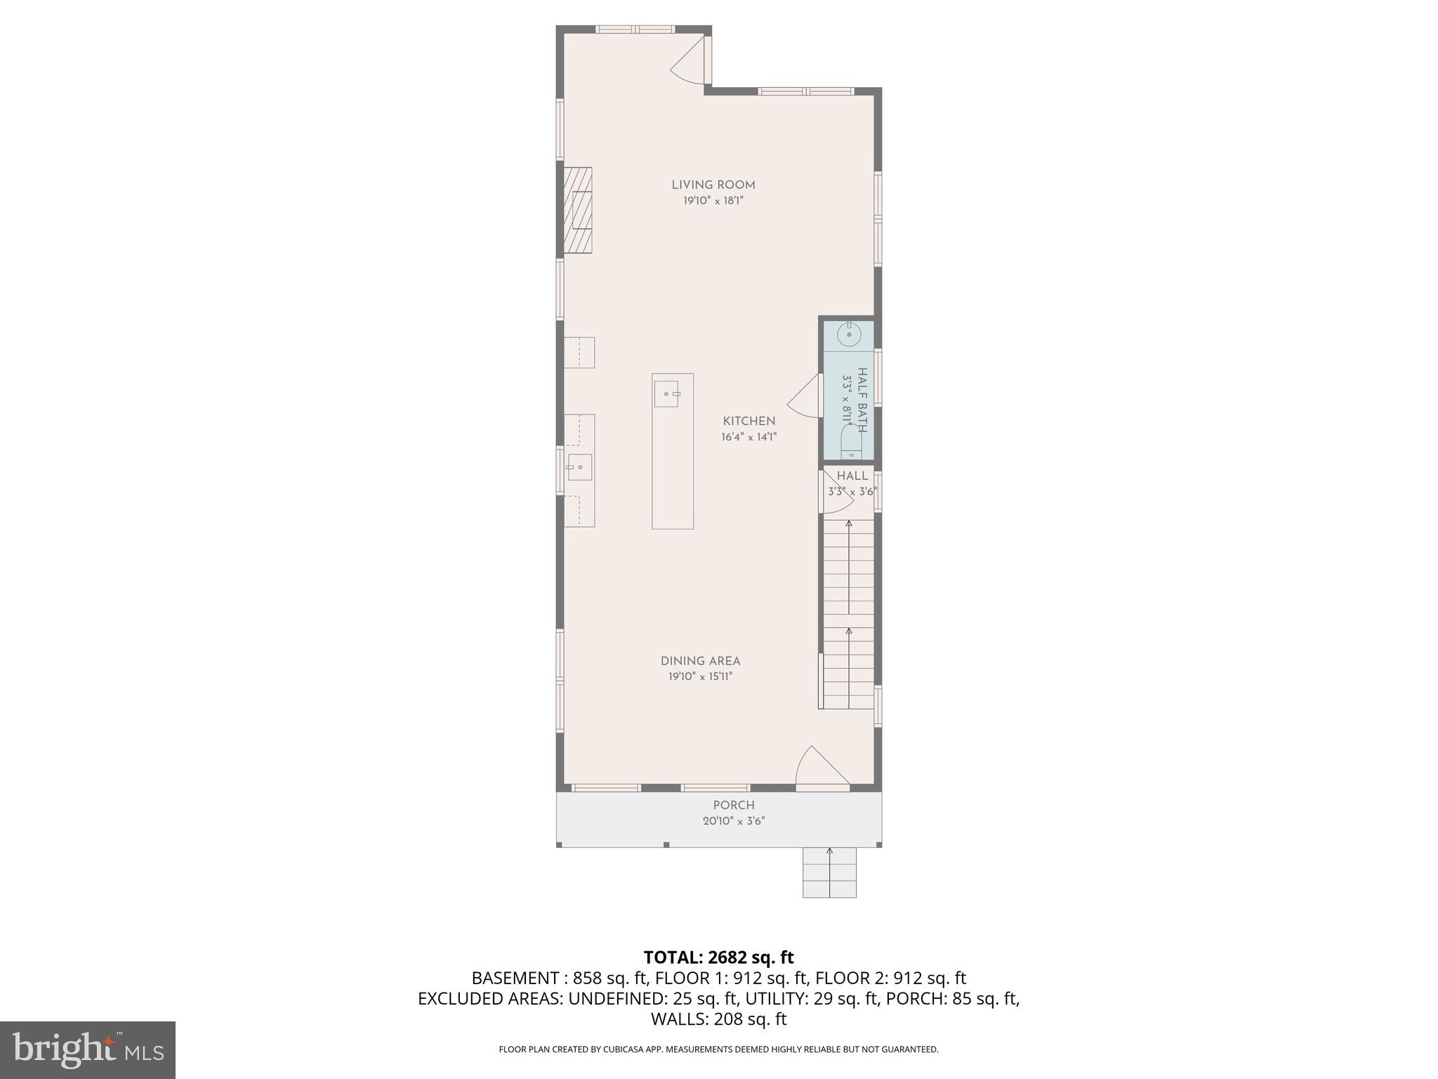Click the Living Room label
click(713, 185)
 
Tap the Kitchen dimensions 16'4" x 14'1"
click(748, 437)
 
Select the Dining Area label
click(700, 661)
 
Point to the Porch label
click(734, 805)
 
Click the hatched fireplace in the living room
click(578, 211)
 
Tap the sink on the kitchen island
click(666, 394)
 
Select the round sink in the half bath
click(849, 335)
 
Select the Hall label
click(852, 476)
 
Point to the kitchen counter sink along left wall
click(579, 467)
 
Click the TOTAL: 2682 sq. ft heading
click(718, 957)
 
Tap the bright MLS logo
click(88, 1049)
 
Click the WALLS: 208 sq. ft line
click(718, 1019)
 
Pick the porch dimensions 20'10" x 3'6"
click(734, 820)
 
